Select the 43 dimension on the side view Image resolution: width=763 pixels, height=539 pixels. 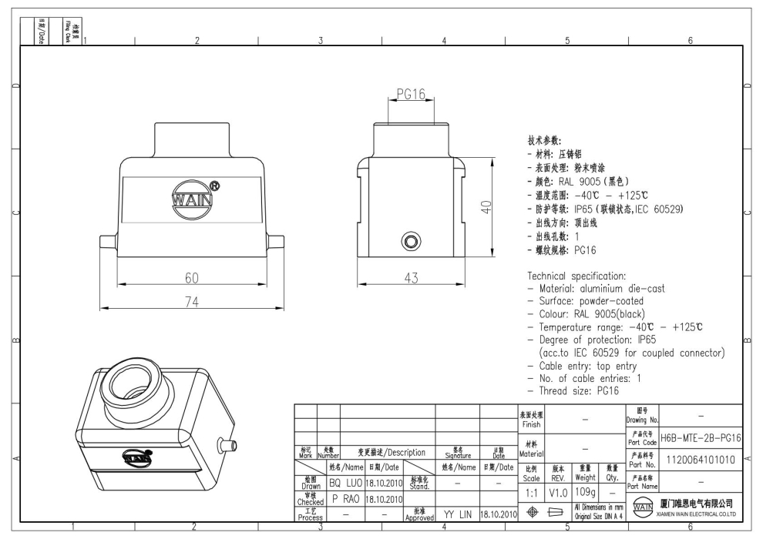pyautogui.click(x=412, y=277)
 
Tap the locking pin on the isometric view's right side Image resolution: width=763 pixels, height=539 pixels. pyautogui.click(x=228, y=444)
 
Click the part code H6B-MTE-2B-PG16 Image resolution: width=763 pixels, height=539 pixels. pyautogui.click(x=701, y=437)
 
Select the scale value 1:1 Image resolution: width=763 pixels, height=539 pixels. pyautogui.click(x=531, y=490)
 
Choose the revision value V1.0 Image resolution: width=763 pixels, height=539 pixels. pyautogui.click(x=559, y=490)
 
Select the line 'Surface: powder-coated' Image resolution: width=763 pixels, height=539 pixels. pyautogui.click(x=590, y=302)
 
